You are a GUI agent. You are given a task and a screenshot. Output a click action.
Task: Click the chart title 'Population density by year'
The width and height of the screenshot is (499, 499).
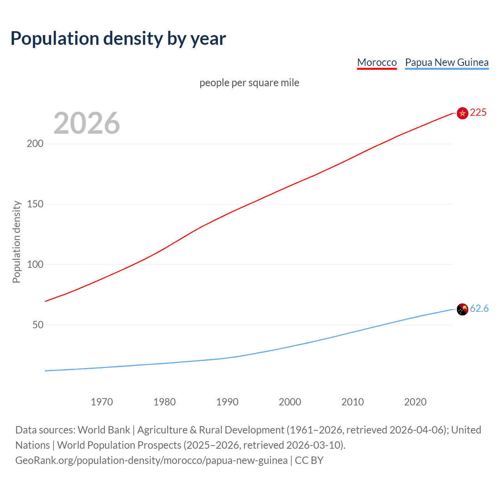(x=118, y=38)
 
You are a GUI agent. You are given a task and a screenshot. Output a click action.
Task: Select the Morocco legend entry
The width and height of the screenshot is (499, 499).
(x=377, y=62)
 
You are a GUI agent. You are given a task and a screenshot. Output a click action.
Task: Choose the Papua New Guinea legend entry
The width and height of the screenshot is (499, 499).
(x=446, y=62)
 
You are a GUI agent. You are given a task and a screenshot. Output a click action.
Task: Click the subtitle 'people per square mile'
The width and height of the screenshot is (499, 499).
(x=249, y=83)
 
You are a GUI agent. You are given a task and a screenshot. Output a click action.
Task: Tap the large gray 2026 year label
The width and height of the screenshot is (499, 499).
(x=87, y=123)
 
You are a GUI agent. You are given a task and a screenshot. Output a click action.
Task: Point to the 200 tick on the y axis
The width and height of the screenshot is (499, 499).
(x=35, y=143)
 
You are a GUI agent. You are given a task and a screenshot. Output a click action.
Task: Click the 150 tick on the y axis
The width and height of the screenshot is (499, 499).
(x=35, y=204)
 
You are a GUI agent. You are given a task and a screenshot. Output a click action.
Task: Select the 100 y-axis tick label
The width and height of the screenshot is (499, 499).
(x=35, y=264)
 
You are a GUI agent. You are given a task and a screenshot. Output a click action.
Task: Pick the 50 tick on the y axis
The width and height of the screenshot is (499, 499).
(x=38, y=325)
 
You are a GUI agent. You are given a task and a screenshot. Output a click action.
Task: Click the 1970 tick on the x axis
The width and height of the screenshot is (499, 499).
(x=102, y=402)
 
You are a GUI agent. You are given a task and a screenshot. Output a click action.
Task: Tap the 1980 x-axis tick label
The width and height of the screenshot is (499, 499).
(x=165, y=402)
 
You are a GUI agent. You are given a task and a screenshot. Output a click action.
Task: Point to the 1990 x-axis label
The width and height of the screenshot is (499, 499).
(x=227, y=402)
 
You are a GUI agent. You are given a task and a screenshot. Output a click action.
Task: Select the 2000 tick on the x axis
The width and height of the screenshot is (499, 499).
(x=290, y=402)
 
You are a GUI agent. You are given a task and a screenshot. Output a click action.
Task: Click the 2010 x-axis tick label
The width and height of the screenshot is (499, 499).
(x=352, y=402)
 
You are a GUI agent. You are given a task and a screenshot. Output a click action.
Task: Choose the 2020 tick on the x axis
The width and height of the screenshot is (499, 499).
(x=415, y=402)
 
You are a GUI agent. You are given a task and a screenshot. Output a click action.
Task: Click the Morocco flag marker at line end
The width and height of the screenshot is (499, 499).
(x=462, y=113)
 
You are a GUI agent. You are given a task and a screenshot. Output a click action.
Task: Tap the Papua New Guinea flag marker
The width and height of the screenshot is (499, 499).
(x=462, y=309)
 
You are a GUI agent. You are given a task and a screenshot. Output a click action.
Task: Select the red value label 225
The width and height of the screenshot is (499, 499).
(x=478, y=112)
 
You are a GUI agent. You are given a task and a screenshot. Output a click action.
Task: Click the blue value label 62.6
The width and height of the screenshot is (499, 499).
(x=479, y=308)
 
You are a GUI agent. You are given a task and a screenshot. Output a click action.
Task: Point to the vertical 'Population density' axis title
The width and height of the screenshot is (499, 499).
(x=16, y=242)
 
